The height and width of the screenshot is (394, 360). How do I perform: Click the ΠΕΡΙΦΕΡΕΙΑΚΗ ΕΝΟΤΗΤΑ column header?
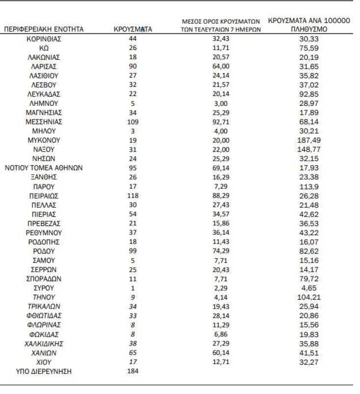click(44, 29)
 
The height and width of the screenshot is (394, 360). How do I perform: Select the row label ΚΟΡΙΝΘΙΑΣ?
click(44, 39)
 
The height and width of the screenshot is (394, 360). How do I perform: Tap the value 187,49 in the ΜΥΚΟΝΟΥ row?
click(309, 140)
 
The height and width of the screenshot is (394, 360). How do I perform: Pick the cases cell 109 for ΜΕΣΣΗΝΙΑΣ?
click(132, 122)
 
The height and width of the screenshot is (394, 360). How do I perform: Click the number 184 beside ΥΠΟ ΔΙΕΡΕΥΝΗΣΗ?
click(132, 371)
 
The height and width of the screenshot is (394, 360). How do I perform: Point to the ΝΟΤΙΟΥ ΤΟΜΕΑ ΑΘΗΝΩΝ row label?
click(44, 168)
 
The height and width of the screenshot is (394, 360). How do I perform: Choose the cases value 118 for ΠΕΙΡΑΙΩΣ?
click(132, 196)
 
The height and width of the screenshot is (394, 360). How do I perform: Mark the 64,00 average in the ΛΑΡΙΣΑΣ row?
click(220, 67)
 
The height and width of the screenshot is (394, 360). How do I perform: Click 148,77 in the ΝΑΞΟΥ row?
click(309, 149)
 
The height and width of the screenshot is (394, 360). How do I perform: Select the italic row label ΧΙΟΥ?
click(44, 362)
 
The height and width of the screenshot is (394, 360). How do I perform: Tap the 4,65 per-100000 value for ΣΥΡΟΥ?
click(309, 288)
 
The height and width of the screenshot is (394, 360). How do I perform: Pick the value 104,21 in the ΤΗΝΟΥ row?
click(309, 297)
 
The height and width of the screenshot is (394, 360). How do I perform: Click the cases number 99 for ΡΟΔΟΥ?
click(132, 251)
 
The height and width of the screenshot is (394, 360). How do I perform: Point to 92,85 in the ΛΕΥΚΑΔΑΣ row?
click(309, 94)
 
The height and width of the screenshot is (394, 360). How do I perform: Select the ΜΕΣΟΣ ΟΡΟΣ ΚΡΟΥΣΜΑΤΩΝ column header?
click(220, 25)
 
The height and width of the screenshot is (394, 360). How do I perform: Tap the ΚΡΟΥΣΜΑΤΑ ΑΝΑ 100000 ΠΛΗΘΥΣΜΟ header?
click(309, 25)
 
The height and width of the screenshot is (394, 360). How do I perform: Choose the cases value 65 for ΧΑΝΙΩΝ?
click(132, 352)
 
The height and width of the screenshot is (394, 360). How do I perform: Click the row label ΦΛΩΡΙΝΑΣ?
click(44, 325)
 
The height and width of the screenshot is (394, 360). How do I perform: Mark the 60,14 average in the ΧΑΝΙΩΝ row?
click(220, 352)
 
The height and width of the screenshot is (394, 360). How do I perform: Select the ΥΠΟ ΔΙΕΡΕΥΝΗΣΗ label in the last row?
click(44, 371)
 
